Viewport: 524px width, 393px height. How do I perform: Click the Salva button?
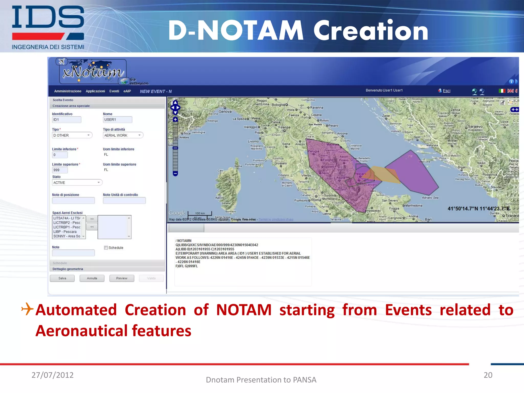62,278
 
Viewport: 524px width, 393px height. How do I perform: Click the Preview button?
122,278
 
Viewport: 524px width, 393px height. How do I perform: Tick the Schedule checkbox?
106,247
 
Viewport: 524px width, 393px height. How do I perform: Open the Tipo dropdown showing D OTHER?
72,135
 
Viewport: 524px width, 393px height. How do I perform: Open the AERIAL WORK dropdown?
123,135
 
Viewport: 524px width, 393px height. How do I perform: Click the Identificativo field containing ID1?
67,119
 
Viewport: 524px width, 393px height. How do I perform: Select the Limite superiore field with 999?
60,170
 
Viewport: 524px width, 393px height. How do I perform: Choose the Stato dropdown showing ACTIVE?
77,182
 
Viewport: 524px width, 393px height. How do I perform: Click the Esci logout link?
446,91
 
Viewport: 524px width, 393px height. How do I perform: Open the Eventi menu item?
114,91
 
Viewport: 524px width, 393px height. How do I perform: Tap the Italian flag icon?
502,91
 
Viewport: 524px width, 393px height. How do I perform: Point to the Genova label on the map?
225,112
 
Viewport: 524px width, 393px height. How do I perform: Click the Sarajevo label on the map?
475,126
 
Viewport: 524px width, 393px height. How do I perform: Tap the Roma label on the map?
316,200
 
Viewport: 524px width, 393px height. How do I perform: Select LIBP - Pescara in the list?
65,232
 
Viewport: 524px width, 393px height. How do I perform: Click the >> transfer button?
92,219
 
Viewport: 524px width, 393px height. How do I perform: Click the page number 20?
488,375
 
